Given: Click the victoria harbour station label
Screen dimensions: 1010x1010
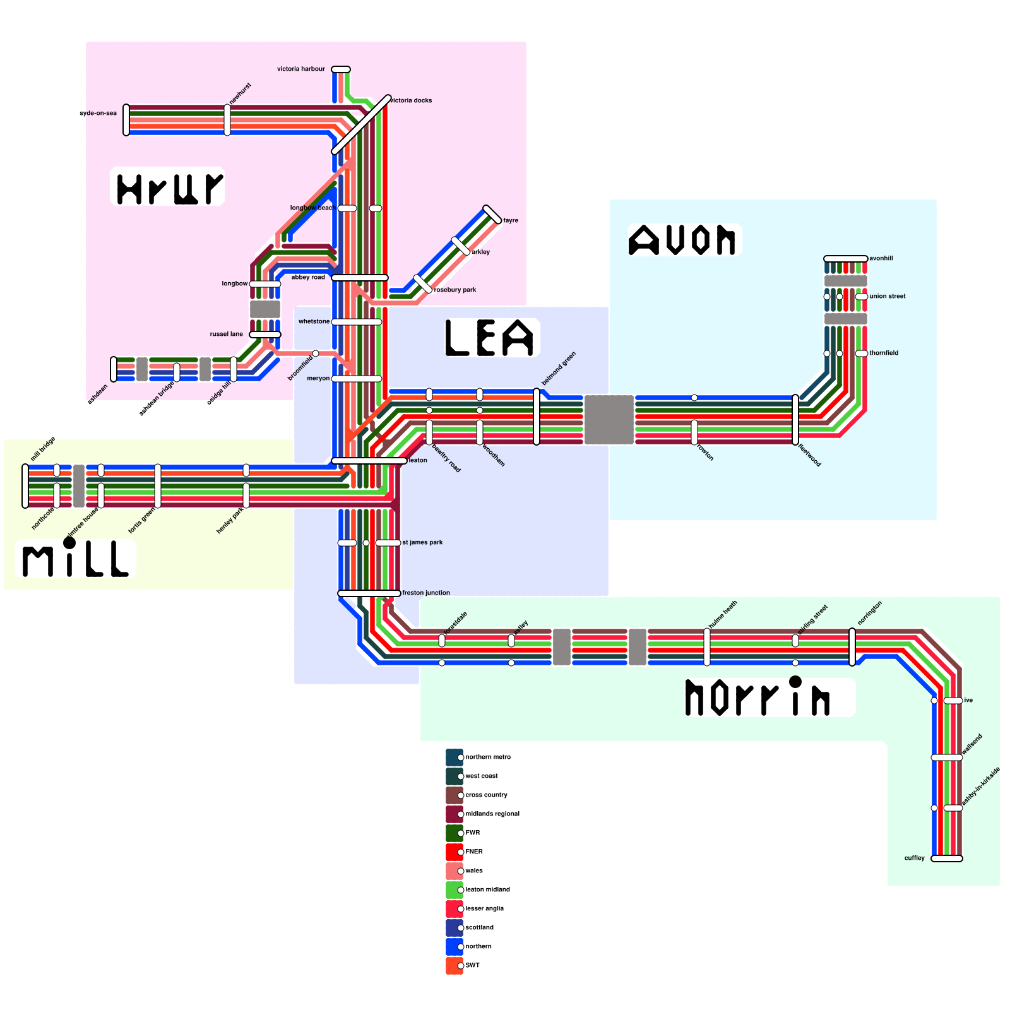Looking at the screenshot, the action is [x=301, y=69].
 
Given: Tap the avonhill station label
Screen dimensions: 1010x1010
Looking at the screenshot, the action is [x=881, y=258].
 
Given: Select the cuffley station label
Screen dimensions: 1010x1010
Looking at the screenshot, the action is [x=914, y=858].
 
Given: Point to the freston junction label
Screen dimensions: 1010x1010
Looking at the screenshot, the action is [x=426, y=593].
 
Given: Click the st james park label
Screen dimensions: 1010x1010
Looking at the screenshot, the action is [x=422, y=542].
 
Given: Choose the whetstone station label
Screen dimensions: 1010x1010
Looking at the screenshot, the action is [x=314, y=321].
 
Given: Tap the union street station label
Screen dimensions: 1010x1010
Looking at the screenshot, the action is [x=887, y=296].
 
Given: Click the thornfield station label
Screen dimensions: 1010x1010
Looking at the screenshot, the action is [x=884, y=353].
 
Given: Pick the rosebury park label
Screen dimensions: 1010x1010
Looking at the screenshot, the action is [x=455, y=290].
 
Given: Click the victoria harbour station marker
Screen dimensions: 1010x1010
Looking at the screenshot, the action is [x=341, y=69].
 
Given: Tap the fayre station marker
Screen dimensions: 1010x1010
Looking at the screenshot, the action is [x=492, y=215].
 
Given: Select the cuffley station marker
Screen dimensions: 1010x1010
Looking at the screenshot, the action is [x=947, y=858].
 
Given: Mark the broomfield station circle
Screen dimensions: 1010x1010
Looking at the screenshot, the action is [x=316, y=353].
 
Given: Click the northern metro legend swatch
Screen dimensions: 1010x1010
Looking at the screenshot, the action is [x=454, y=757].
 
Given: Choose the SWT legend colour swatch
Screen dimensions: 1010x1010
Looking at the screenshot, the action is [x=454, y=966].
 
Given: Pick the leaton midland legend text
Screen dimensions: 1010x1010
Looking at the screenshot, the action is [x=487, y=889].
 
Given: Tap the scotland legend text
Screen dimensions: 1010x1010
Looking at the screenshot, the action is [x=479, y=927].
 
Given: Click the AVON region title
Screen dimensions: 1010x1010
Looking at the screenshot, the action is [x=683, y=240].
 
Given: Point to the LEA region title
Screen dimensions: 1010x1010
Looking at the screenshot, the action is [x=490, y=338].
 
